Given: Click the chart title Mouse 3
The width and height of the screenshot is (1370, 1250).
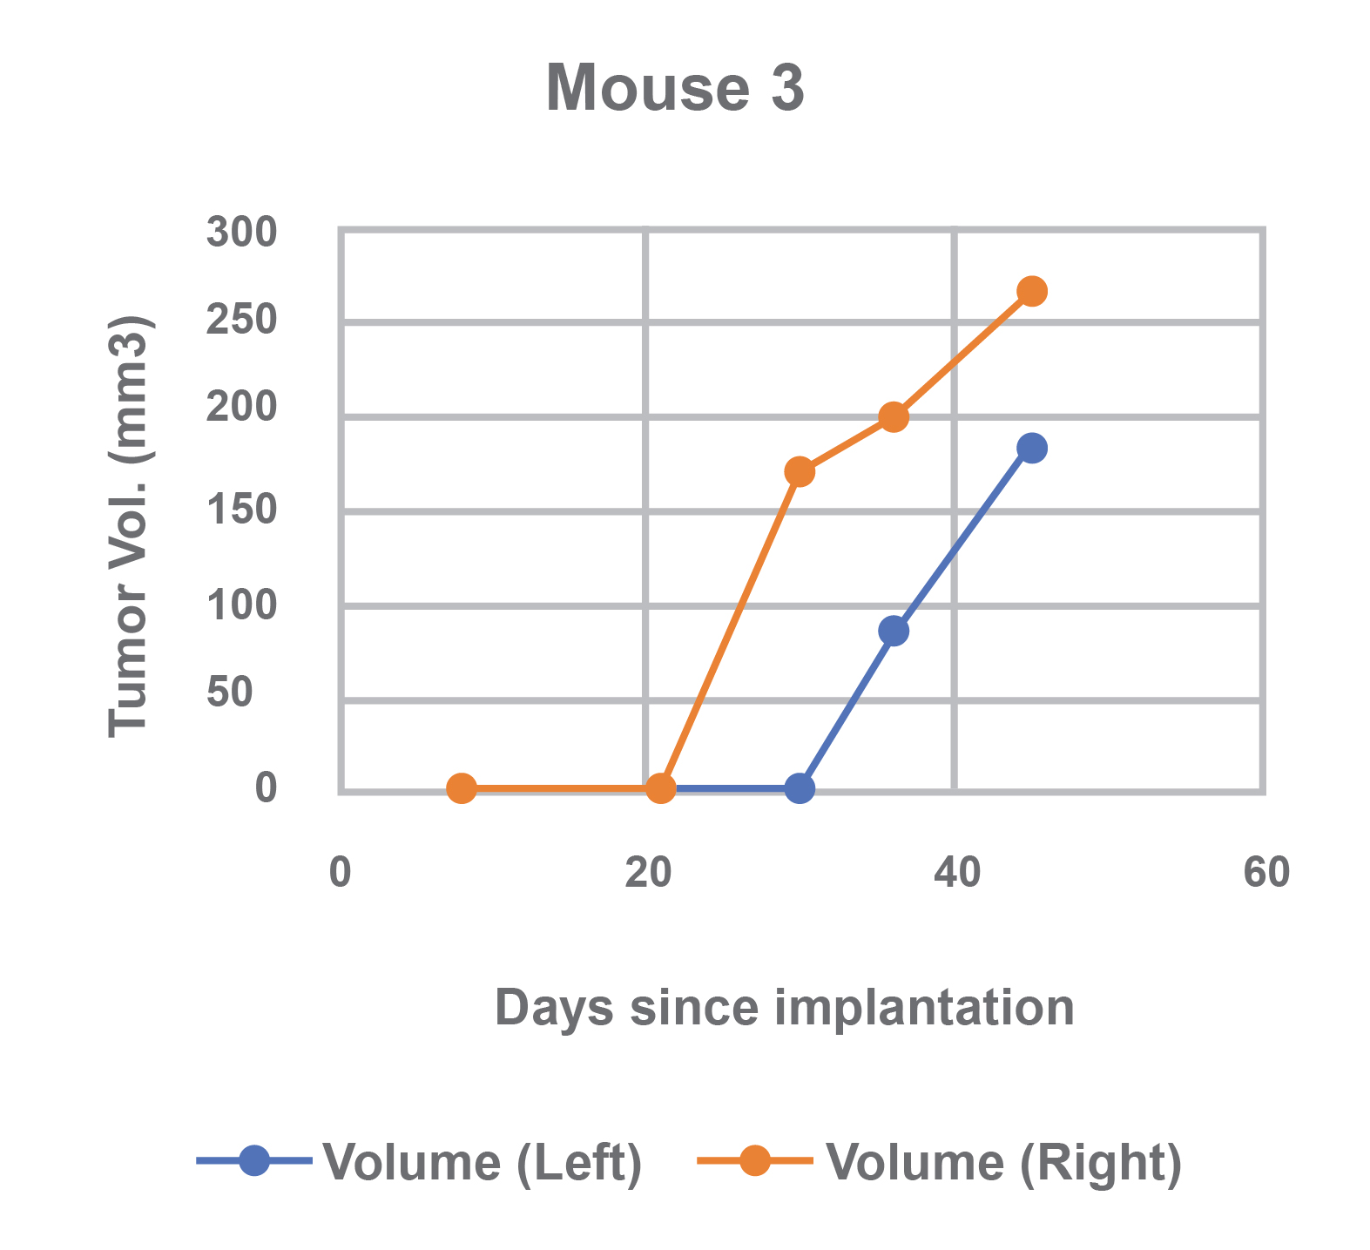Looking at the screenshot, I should point(675,89).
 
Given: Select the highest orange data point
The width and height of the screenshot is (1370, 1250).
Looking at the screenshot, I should point(1032,291).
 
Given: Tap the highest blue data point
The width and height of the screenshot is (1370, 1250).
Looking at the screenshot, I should point(1032,449).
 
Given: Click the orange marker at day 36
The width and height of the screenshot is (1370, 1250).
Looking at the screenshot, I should point(894,417).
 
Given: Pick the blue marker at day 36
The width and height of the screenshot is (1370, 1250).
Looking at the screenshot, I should point(894,631).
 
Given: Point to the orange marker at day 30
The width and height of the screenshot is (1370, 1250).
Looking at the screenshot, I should point(800,472).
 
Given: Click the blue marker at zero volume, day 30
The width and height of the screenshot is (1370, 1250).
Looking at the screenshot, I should point(800,789).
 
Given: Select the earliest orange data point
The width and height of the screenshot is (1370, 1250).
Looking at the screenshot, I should point(462,789).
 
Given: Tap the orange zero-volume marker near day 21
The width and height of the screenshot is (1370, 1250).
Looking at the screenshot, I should point(661,789).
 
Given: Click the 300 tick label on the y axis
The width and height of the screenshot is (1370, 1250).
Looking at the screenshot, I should point(241,233).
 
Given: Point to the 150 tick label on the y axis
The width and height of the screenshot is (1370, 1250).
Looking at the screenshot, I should point(241,510).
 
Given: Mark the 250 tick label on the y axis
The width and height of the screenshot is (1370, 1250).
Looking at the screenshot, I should point(241,321).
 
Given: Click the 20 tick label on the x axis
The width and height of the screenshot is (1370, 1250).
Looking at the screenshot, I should point(648,873).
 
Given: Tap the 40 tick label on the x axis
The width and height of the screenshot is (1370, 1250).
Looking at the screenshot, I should point(956,873).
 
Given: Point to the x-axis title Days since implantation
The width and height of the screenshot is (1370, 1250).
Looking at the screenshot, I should point(784,1008).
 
